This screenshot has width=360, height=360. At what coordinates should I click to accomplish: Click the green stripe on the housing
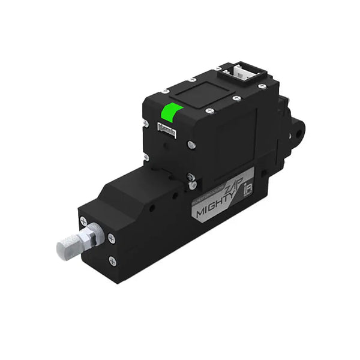click(172, 114)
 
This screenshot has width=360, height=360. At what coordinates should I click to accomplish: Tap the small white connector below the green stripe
click(166, 128)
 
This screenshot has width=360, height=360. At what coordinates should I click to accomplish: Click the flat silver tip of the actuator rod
click(65, 247)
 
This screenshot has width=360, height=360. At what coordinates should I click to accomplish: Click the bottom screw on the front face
click(112, 261)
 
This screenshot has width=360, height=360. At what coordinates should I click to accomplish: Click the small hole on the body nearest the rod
click(151, 207)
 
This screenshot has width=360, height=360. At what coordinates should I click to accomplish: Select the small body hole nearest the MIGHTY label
click(176, 196)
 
